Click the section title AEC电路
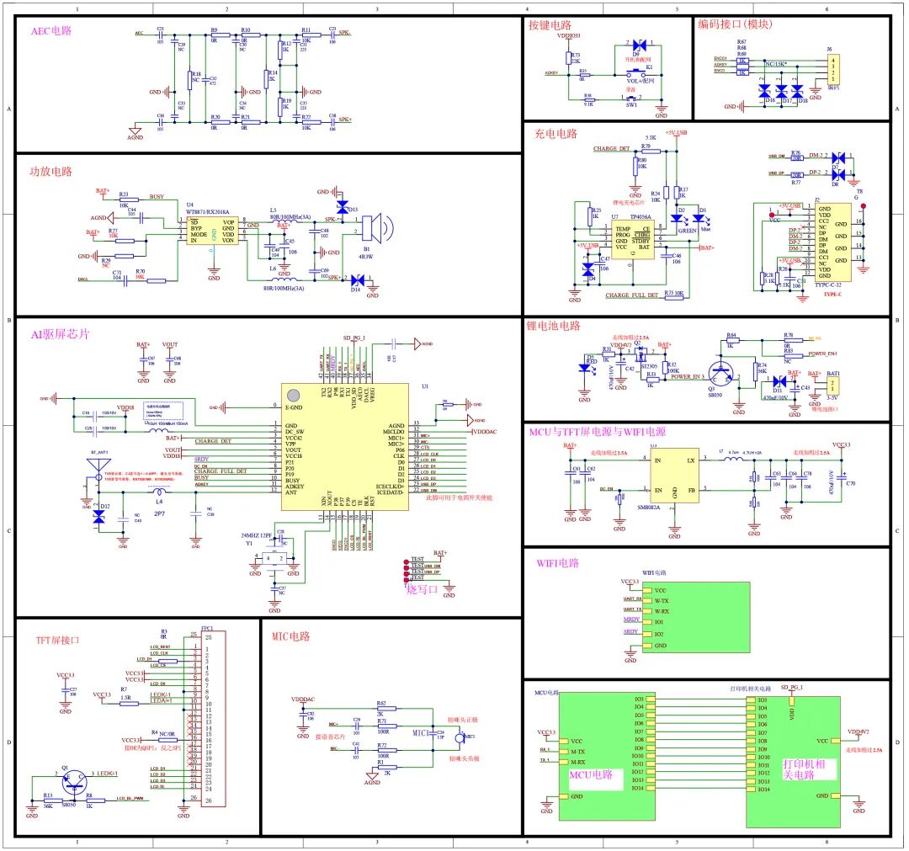51,30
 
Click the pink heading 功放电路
52,171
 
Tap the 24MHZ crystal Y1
270,560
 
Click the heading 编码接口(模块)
736,24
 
